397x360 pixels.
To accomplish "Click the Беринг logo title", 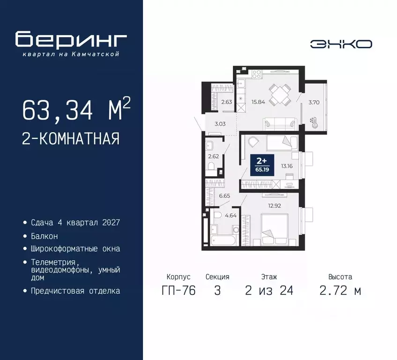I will coord(71,40).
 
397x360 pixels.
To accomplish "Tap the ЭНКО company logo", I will coord(341,44).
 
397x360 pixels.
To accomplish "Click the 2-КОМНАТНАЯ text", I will coord(70,139).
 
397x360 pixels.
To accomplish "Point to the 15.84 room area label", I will coord(258,101).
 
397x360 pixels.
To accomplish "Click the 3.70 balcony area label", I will coord(314,101).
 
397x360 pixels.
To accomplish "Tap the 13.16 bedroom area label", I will coord(287,165).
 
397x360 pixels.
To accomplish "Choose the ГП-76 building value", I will coord(178,291).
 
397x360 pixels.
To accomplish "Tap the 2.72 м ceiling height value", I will coord(340,291).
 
